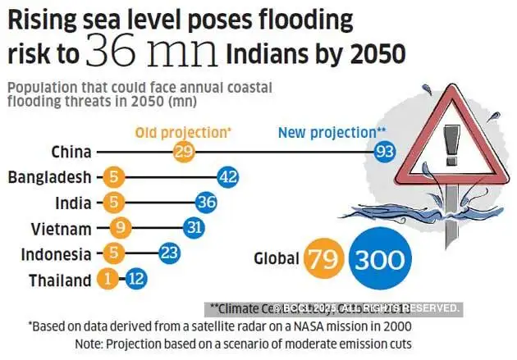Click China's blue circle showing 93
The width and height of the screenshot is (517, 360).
tap(384, 152)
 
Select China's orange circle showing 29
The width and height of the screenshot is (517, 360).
tap(184, 152)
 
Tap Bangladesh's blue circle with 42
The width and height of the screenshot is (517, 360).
tap(227, 177)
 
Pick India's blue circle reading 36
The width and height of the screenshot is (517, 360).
tap(206, 203)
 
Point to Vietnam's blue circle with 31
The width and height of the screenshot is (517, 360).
tap(194, 228)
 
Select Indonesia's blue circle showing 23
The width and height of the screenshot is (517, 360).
tap(169, 253)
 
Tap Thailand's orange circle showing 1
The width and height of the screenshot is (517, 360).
tap(107, 280)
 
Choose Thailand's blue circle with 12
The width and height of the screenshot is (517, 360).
tap(136, 280)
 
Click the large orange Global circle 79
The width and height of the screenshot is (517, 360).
tap(323, 259)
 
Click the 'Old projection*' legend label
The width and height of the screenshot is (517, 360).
tap(184, 131)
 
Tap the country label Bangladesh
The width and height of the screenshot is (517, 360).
tap(49, 177)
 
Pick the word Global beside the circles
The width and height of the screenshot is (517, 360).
tap(276, 259)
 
